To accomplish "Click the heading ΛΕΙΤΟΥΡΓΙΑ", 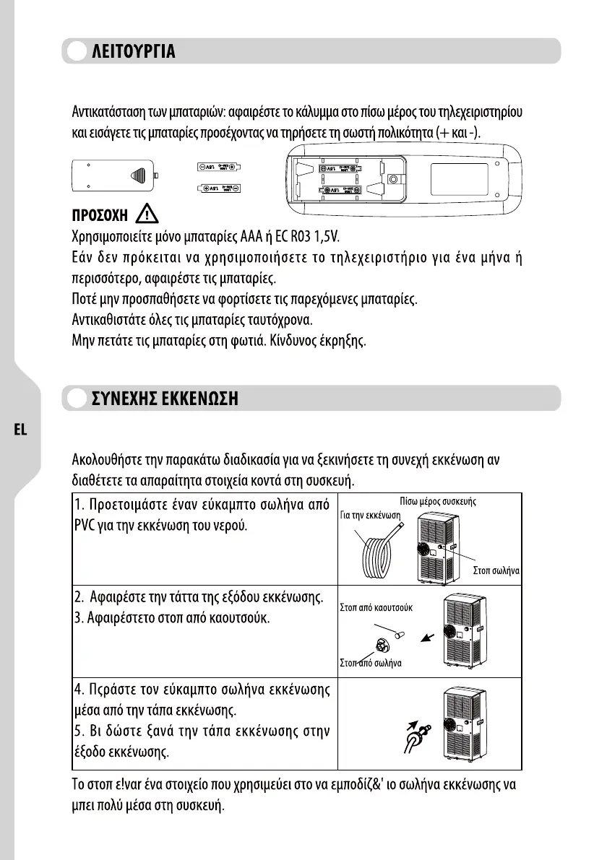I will point(132,53).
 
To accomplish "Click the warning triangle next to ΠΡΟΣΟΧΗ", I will point(147,214).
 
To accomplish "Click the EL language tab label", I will point(20,429).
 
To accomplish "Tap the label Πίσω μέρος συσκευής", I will point(437,500).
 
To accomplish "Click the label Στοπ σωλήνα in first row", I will point(496,570).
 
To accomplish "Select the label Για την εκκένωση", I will point(370,515).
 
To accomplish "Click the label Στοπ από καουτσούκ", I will point(376,607).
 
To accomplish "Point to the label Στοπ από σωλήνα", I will point(371,663).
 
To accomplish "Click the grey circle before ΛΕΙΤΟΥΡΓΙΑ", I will point(75,53).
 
